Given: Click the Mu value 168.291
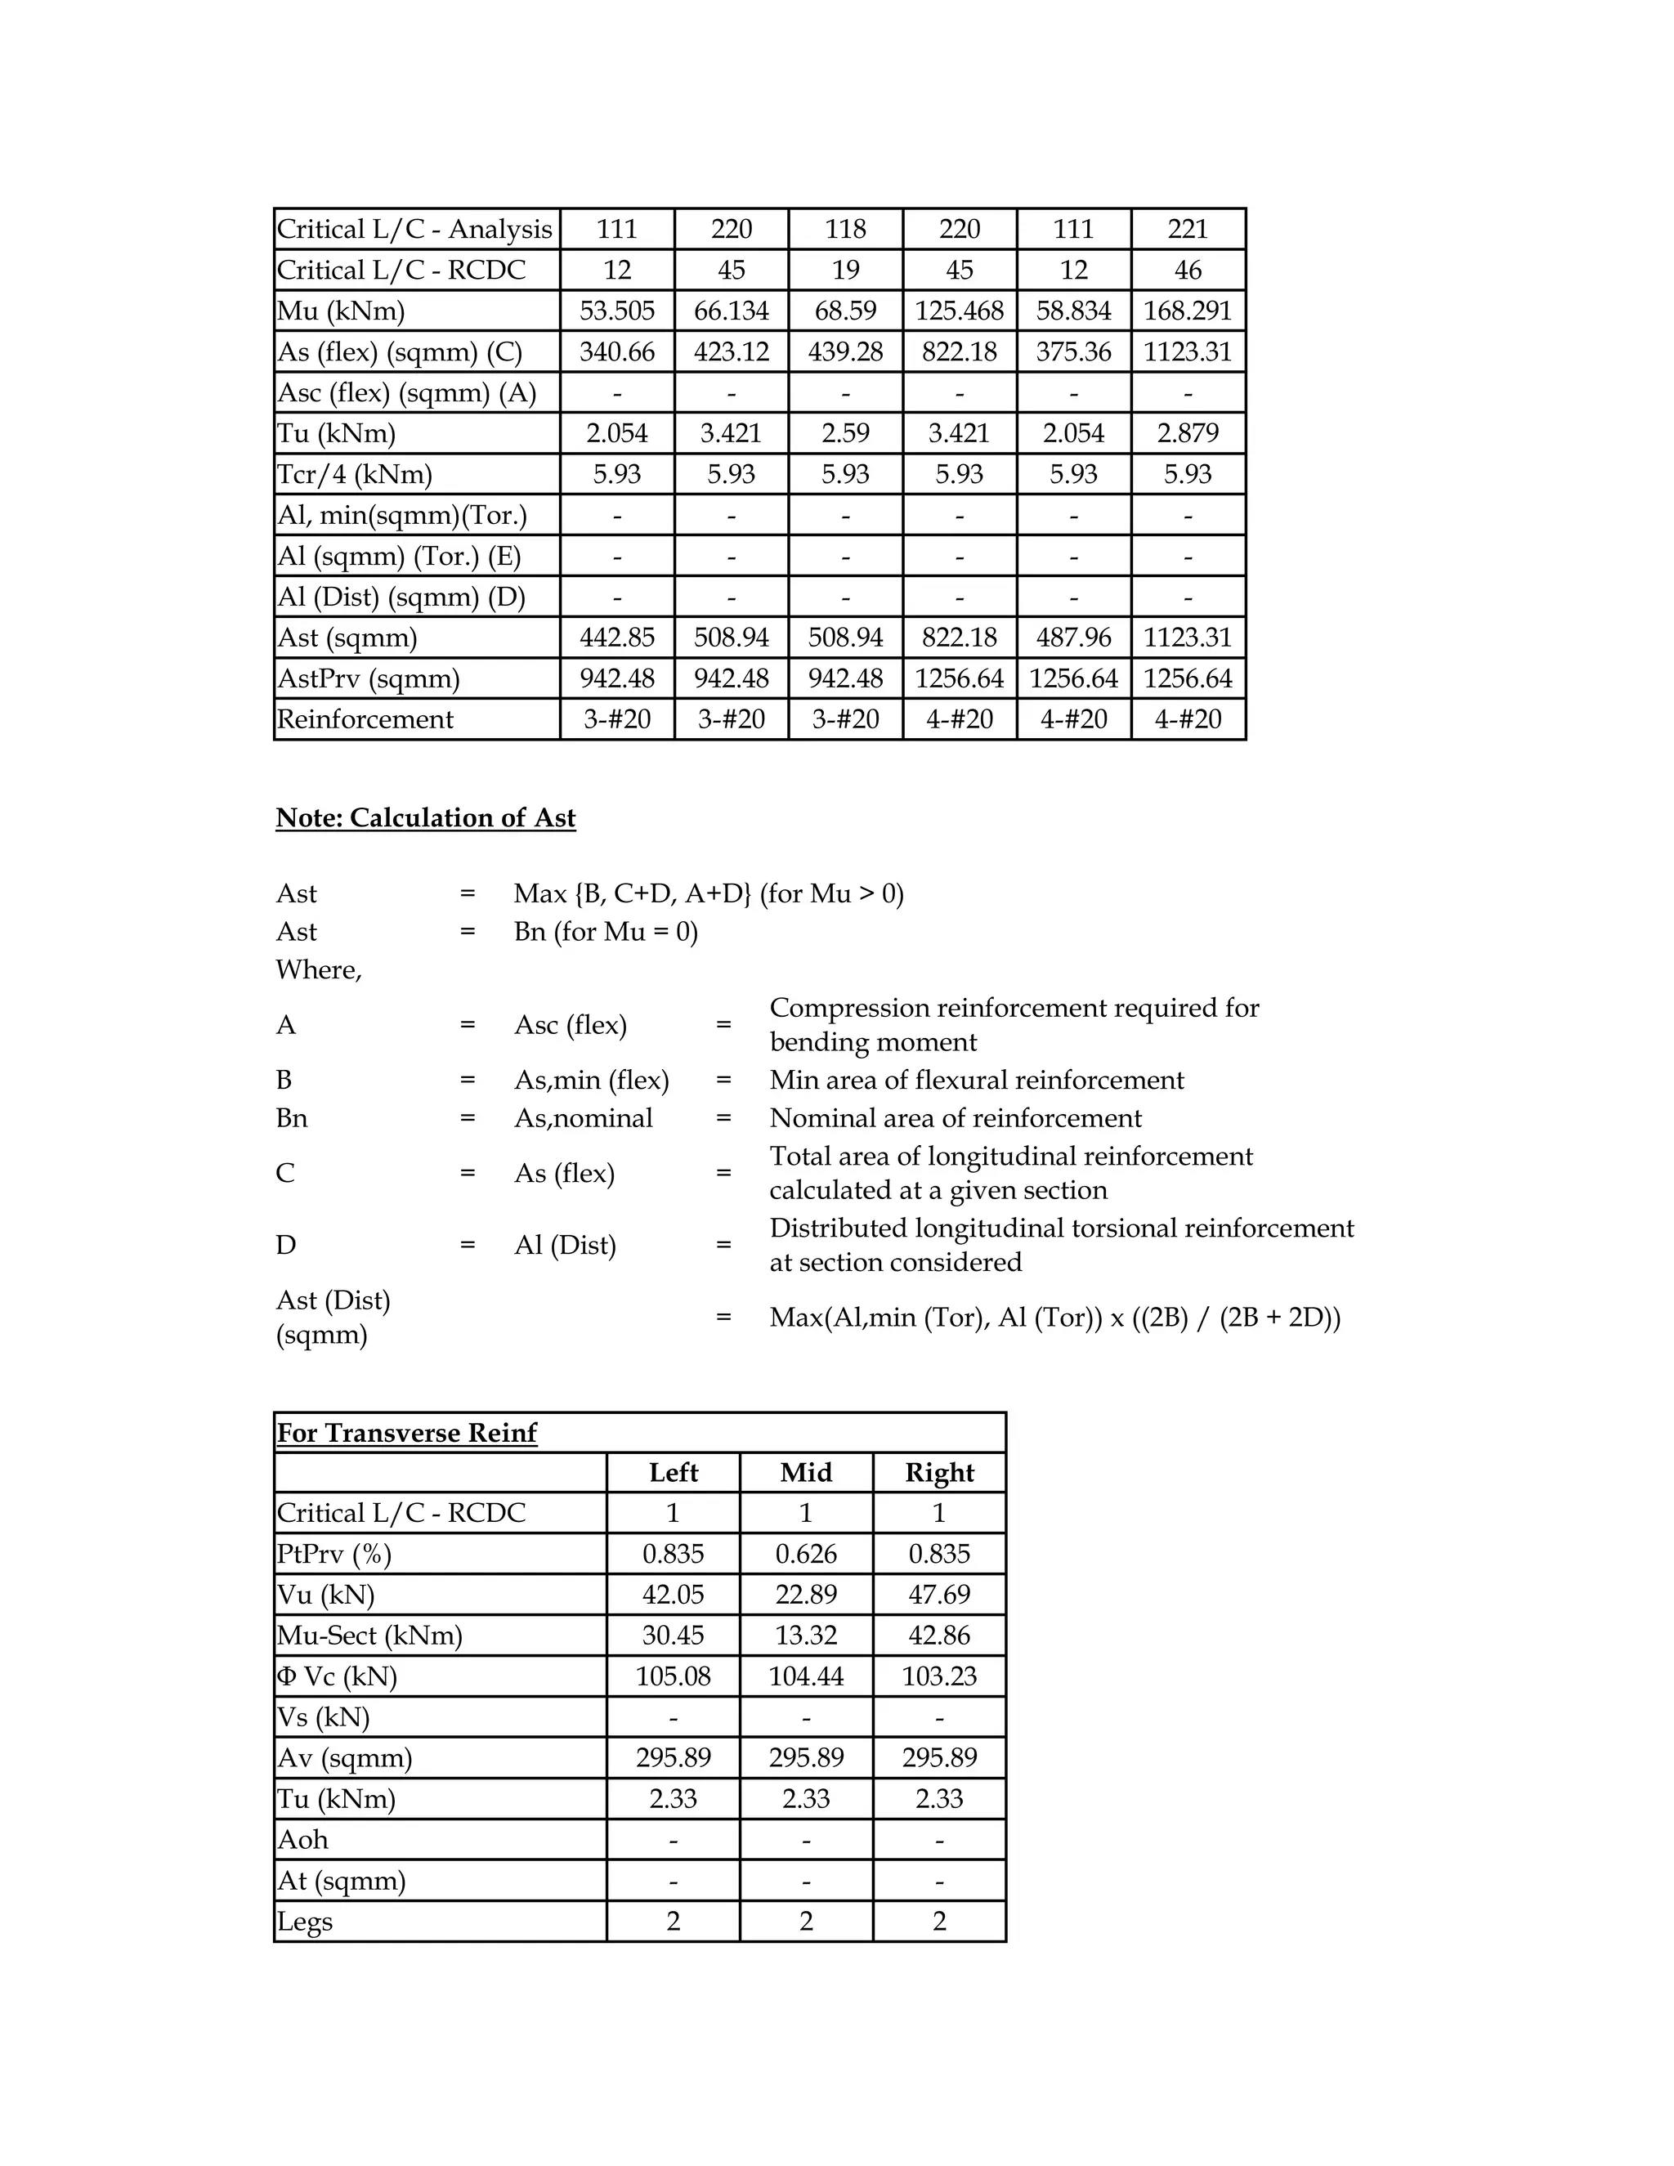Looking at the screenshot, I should point(1187,311).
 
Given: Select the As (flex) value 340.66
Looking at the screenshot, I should point(617,351).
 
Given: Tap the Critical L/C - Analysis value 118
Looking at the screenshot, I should point(845,229).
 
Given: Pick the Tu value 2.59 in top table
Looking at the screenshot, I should point(845,433).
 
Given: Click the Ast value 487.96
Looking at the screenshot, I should point(1073,638).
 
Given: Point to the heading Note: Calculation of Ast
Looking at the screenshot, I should point(425,817).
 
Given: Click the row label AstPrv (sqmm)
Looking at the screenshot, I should point(368,678).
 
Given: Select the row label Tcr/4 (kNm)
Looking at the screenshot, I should point(354,474).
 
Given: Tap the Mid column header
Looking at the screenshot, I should point(805,1472).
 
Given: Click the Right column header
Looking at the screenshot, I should point(939,1472).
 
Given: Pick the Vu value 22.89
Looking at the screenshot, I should point(805,1595).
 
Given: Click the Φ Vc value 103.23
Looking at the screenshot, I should point(939,1676).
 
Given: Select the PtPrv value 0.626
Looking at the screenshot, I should point(805,1553).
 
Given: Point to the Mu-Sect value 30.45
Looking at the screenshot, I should point(673,1636).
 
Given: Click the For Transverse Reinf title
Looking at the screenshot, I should point(406,1432).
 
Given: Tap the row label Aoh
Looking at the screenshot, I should point(302,1840).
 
